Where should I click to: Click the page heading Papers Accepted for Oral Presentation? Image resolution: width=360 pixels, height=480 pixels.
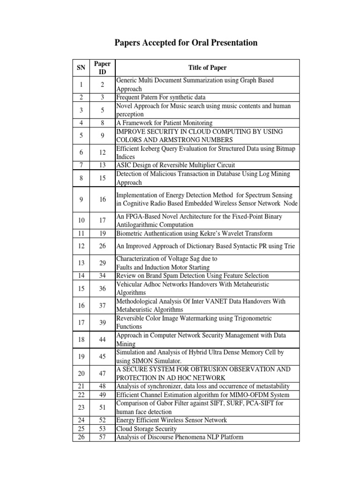(x=186, y=43)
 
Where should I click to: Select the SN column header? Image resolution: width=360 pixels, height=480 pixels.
(x=81, y=67)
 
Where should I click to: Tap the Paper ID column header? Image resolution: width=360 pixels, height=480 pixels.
(x=102, y=67)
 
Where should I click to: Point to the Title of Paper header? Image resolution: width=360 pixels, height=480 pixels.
(x=207, y=67)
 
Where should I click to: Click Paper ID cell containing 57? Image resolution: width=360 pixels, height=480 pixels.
(x=102, y=437)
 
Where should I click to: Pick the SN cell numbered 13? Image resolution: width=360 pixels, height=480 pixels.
(x=81, y=263)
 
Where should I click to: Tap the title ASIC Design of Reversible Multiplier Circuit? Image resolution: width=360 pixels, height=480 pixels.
(x=175, y=165)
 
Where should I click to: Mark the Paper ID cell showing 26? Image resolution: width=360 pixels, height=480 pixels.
(x=102, y=246)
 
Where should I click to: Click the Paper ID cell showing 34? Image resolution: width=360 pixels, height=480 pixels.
(x=102, y=276)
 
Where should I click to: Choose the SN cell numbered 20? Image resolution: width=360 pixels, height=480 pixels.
(x=81, y=374)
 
